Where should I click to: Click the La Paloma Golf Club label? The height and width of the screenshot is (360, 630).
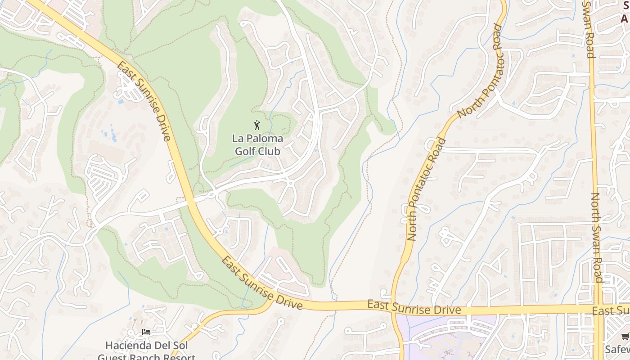pos(257,144)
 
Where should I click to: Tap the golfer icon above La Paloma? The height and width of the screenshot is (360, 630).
pos(257,125)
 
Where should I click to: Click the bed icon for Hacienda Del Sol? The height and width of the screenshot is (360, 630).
pos(146,332)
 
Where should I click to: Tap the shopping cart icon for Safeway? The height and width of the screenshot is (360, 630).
pos(625,337)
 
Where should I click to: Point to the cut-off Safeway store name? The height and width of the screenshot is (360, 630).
pos(617,350)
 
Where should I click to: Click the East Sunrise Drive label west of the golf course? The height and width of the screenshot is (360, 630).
pos(144,101)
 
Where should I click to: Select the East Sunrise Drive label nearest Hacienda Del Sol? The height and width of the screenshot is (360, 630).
pos(261,283)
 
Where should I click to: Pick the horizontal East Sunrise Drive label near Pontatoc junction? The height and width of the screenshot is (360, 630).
pos(414,307)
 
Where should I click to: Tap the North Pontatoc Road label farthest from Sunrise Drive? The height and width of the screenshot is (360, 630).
pos(480,71)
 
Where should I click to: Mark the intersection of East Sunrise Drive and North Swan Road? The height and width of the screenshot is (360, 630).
pos(598,310)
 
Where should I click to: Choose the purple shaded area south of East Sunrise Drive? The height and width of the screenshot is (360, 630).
pos(445,337)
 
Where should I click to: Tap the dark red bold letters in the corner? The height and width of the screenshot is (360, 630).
pos(625,13)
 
